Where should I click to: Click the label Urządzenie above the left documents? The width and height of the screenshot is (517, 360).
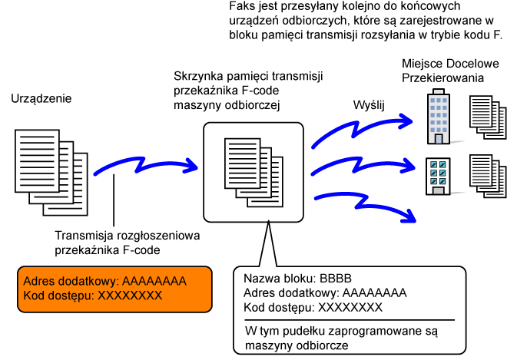(41, 100)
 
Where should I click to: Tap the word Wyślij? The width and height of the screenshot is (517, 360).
(370, 104)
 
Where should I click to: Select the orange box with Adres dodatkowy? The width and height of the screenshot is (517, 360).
(114, 289)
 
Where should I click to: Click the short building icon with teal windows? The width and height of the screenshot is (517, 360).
(439, 176)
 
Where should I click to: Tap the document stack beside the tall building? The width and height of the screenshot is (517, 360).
(487, 117)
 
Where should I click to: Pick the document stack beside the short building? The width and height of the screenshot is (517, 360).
(487, 176)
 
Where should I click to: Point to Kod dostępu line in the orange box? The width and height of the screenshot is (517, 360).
(93, 296)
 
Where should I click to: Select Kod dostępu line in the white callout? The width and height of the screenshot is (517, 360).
(313, 307)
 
